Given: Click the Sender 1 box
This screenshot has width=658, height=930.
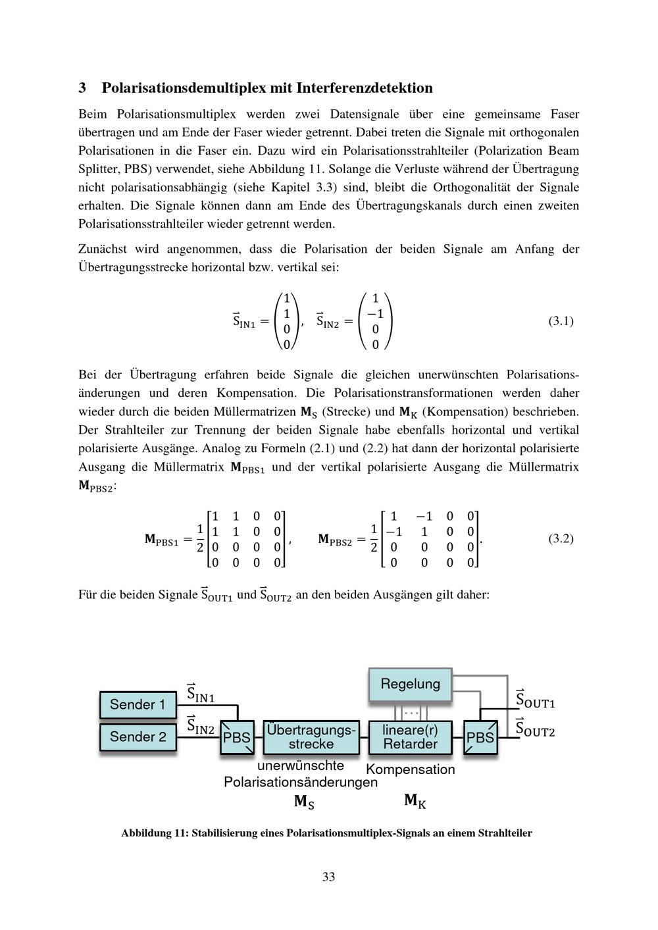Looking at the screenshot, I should click(x=138, y=704).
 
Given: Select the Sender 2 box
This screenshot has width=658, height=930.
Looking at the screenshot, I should click(x=138, y=736).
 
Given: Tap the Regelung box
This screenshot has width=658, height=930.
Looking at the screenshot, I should click(x=410, y=685).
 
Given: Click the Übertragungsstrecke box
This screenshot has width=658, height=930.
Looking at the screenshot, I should click(x=311, y=737).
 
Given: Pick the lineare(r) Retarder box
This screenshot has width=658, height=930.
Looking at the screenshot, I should click(x=410, y=737).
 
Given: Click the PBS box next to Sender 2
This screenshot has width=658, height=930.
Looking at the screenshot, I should click(x=237, y=737).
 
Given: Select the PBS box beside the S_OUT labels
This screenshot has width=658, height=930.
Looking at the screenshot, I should click(x=480, y=737).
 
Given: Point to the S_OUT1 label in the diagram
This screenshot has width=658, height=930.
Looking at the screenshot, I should click(x=535, y=700).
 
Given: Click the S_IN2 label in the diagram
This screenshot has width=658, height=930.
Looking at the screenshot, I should click(x=201, y=726).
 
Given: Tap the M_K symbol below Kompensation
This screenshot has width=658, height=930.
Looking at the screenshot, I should click(x=415, y=801).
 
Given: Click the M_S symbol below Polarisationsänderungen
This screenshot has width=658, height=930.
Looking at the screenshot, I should click(x=303, y=802).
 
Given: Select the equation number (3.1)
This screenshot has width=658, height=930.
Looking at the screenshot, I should click(x=561, y=321).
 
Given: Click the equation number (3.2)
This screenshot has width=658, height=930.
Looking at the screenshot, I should click(x=561, y=538).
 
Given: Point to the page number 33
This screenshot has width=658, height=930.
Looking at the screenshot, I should click(x=329, y=877).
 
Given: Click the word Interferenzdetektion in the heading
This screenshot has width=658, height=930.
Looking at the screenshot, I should click(x=365, y=88).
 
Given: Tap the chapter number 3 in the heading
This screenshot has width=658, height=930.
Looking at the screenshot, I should click(x=82, y=88).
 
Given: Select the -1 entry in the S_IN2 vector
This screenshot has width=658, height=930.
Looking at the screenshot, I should click(x=374, y=313).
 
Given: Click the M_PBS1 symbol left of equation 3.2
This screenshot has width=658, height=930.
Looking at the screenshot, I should click(x=161, y=540).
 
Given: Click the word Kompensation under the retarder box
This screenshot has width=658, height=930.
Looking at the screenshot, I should click(x=410, y=769).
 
